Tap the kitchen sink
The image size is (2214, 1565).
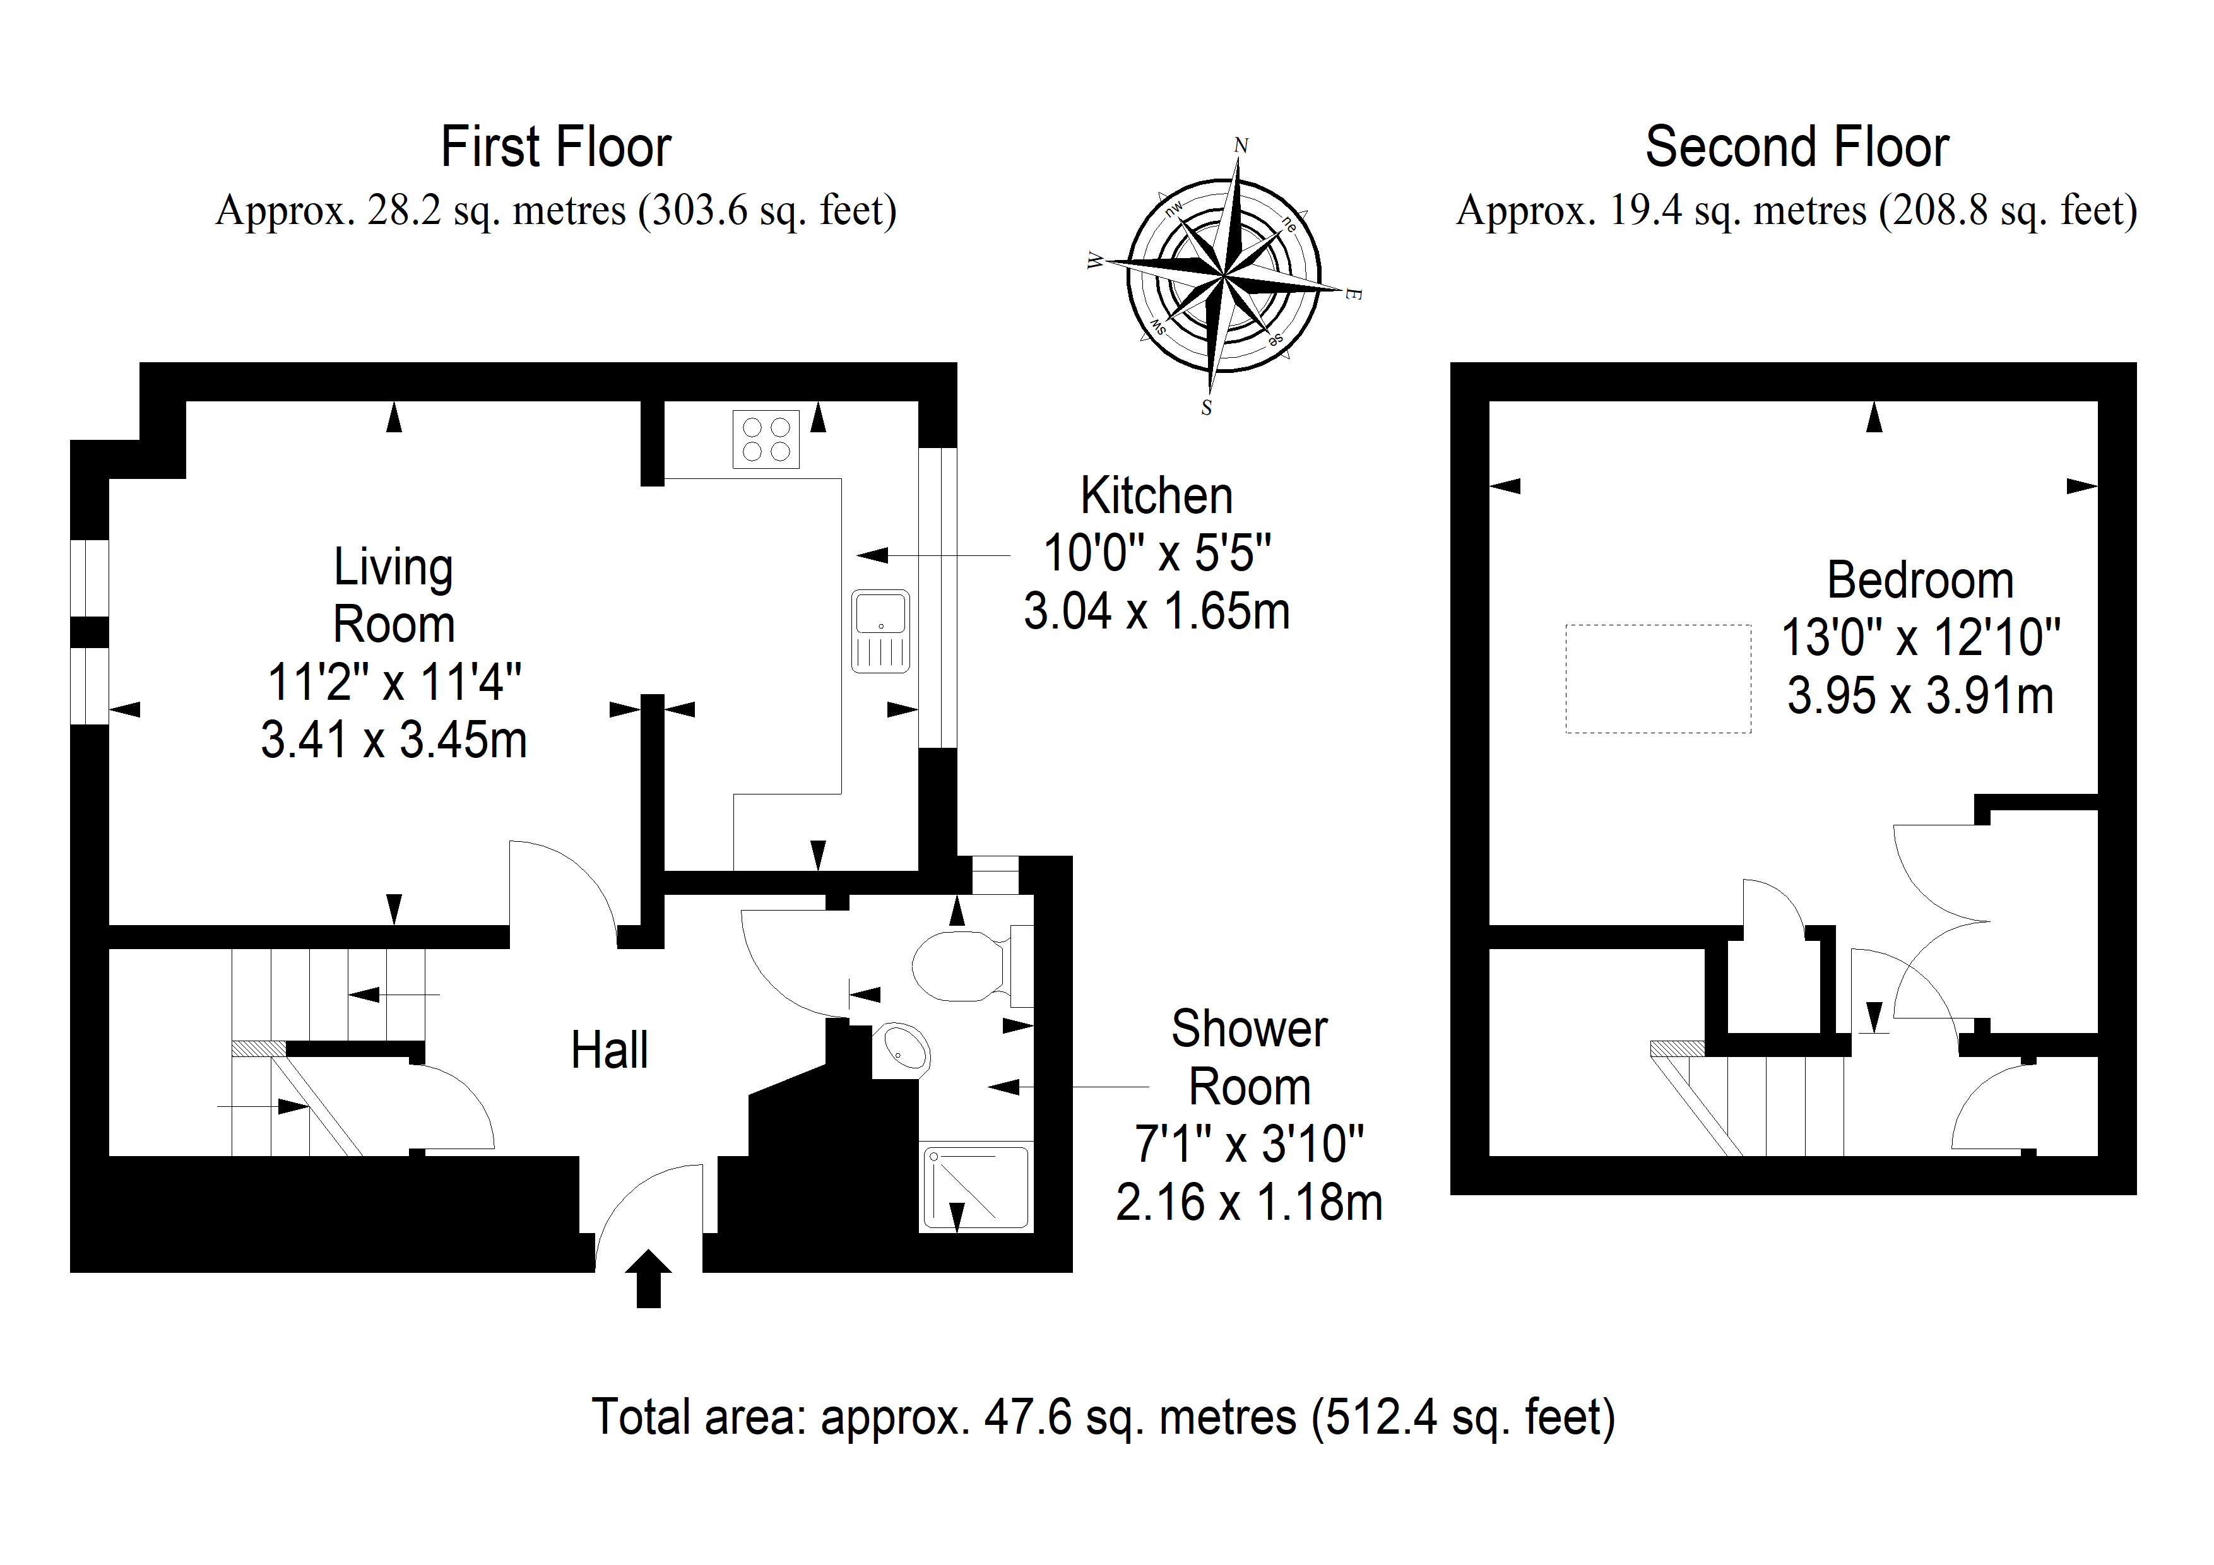(x=880, y=630)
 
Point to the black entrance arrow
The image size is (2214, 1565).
(x=649, y=1278)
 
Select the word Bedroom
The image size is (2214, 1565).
(x=1920, y=581)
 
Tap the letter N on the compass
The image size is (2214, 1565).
(x=1241, y=146)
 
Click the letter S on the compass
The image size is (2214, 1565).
(x=1206, y=408)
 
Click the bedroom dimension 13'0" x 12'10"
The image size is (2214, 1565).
(x=1920, y=637)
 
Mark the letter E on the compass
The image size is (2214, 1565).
(x=1353, y=293)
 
